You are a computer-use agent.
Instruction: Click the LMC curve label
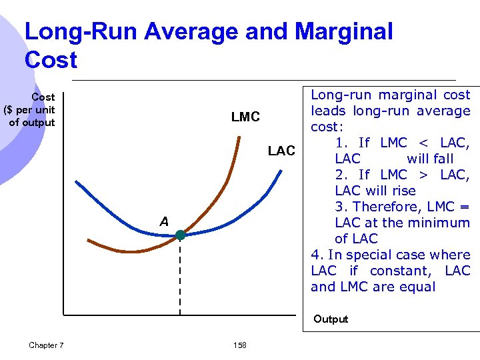coord(245,117)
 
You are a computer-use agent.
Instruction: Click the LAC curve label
coord(281,151)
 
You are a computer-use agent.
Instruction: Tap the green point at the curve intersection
coord(180,235)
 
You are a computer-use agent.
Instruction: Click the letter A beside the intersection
coord(164,221)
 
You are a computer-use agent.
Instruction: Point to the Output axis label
coord(331,319)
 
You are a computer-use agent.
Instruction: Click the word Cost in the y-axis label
coord(43,97)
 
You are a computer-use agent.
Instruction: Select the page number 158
coord(240,345)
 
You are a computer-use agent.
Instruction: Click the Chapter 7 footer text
coord(47,345)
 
